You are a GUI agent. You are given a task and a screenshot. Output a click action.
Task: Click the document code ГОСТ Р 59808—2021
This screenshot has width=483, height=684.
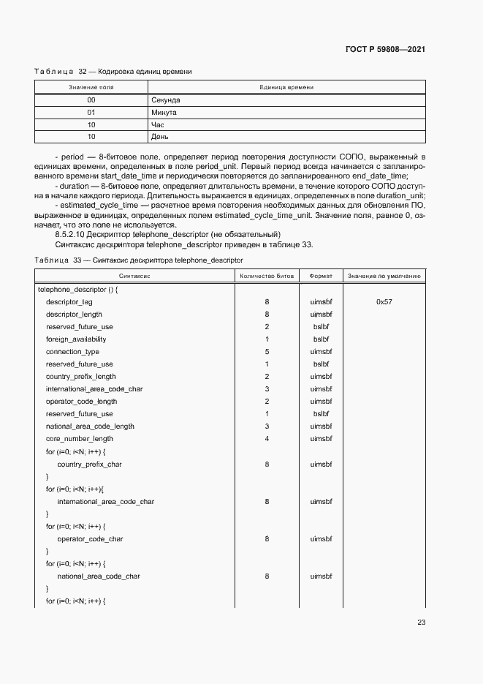pyautogui.click(x=384, y=49)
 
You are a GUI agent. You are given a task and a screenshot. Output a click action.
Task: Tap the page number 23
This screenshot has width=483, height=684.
pyautogui.click(x=421, y=623)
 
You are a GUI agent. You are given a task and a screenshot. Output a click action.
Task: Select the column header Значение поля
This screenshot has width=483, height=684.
pyautogui.click(x=91, y=87)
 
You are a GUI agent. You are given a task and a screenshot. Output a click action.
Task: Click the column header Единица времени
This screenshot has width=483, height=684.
pyautogui.click(x=286, y=87)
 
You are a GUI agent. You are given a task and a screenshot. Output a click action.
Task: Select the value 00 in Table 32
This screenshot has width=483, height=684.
pyautogui.click(x=91, y=99)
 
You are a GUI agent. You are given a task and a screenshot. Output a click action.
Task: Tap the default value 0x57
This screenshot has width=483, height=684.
pyautogui.click(x=384, y=301)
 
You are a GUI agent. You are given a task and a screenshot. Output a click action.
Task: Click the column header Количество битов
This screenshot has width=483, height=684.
pyautogui.click(x=267, y=276)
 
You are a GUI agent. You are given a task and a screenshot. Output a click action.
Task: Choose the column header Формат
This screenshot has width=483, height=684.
pyautogui.click(x=321, y=276)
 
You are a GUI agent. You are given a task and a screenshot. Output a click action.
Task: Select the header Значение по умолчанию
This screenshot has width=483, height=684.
pyautogui.click(x=384, y=276)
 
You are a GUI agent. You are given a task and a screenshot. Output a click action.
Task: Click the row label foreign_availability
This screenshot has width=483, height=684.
pyautogui.click(x=76, y=339)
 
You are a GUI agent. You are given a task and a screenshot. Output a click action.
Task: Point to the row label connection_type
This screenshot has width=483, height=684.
pyautogui.click(x=72, y=351)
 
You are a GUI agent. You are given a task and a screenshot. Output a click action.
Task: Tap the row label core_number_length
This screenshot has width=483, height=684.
pyautogui.click(x=80, y=438)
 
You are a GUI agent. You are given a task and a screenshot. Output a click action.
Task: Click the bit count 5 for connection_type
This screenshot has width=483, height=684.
pyautogui.click(x=267, y=351)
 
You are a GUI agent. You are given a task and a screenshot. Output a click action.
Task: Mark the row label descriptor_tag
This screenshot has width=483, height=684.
pyautogui.click(x=69, y=301)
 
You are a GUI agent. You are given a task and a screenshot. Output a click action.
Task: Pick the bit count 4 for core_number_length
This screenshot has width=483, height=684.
pyautogui.click(x=267, y=438)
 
